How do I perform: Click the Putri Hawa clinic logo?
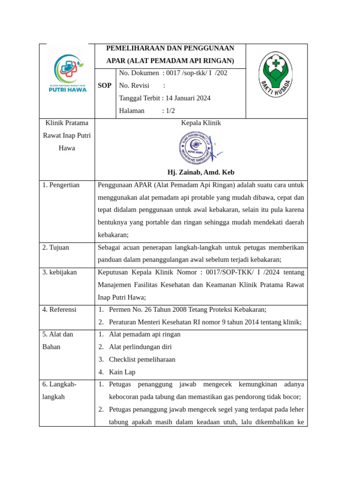coord(68,73)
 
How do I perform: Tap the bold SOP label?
coord(105,86)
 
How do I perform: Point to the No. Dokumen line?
coord(173,73)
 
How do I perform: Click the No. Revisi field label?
coord(134,86)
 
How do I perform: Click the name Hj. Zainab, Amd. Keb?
coord(201,172)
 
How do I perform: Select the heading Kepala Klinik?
coord(201,123)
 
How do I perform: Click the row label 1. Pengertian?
coord(61,185)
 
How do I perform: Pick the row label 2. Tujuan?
coord(55,247)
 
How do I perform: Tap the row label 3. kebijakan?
coord(60,272)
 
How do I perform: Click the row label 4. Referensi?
coord(59,310)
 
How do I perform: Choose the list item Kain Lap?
coord(122,372)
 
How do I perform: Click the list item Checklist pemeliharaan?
coord(142,360)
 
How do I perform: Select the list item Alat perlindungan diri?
coord(140,347)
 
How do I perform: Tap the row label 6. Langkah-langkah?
coord(59,390)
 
